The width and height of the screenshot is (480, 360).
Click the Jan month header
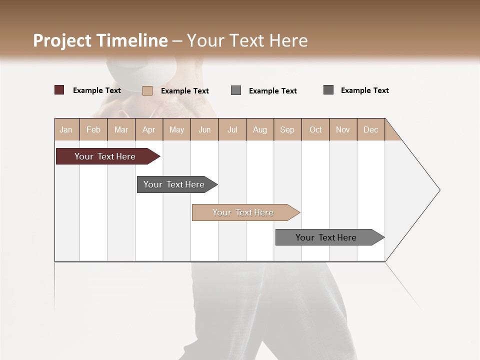tap(66, 129)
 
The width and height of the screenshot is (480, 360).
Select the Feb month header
tap(93, 129)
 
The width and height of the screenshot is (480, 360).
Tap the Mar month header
tap(121, 129)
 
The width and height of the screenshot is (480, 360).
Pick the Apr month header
tap(149, 129)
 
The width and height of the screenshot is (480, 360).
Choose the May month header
tap(176, 129)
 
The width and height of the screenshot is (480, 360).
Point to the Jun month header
tap(204, 129)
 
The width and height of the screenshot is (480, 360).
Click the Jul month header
tap(232, 129)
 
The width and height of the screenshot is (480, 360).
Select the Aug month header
tap(260, 129)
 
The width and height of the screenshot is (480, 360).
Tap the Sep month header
tap(287, 129)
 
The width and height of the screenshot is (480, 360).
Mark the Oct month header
tap(315, 129)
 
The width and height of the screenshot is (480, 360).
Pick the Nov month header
tap(343, 129)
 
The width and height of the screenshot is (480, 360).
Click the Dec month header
tap(371, 129)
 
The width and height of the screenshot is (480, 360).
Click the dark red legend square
tap(59, 90)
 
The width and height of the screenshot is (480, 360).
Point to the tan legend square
tap(147, 90)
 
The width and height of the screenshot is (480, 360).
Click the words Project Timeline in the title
tap(100, 40)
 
